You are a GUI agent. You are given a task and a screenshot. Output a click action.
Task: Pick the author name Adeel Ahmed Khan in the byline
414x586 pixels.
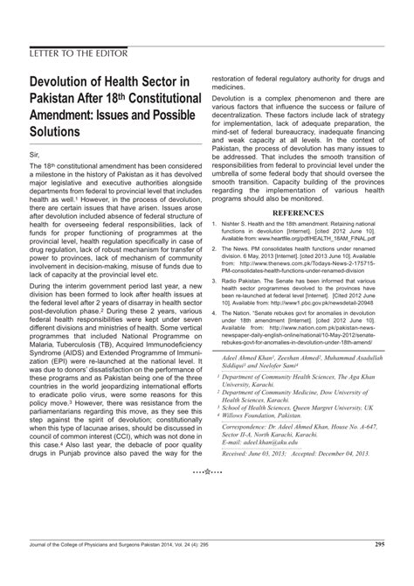pyautogui.click(x=253, y=382)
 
